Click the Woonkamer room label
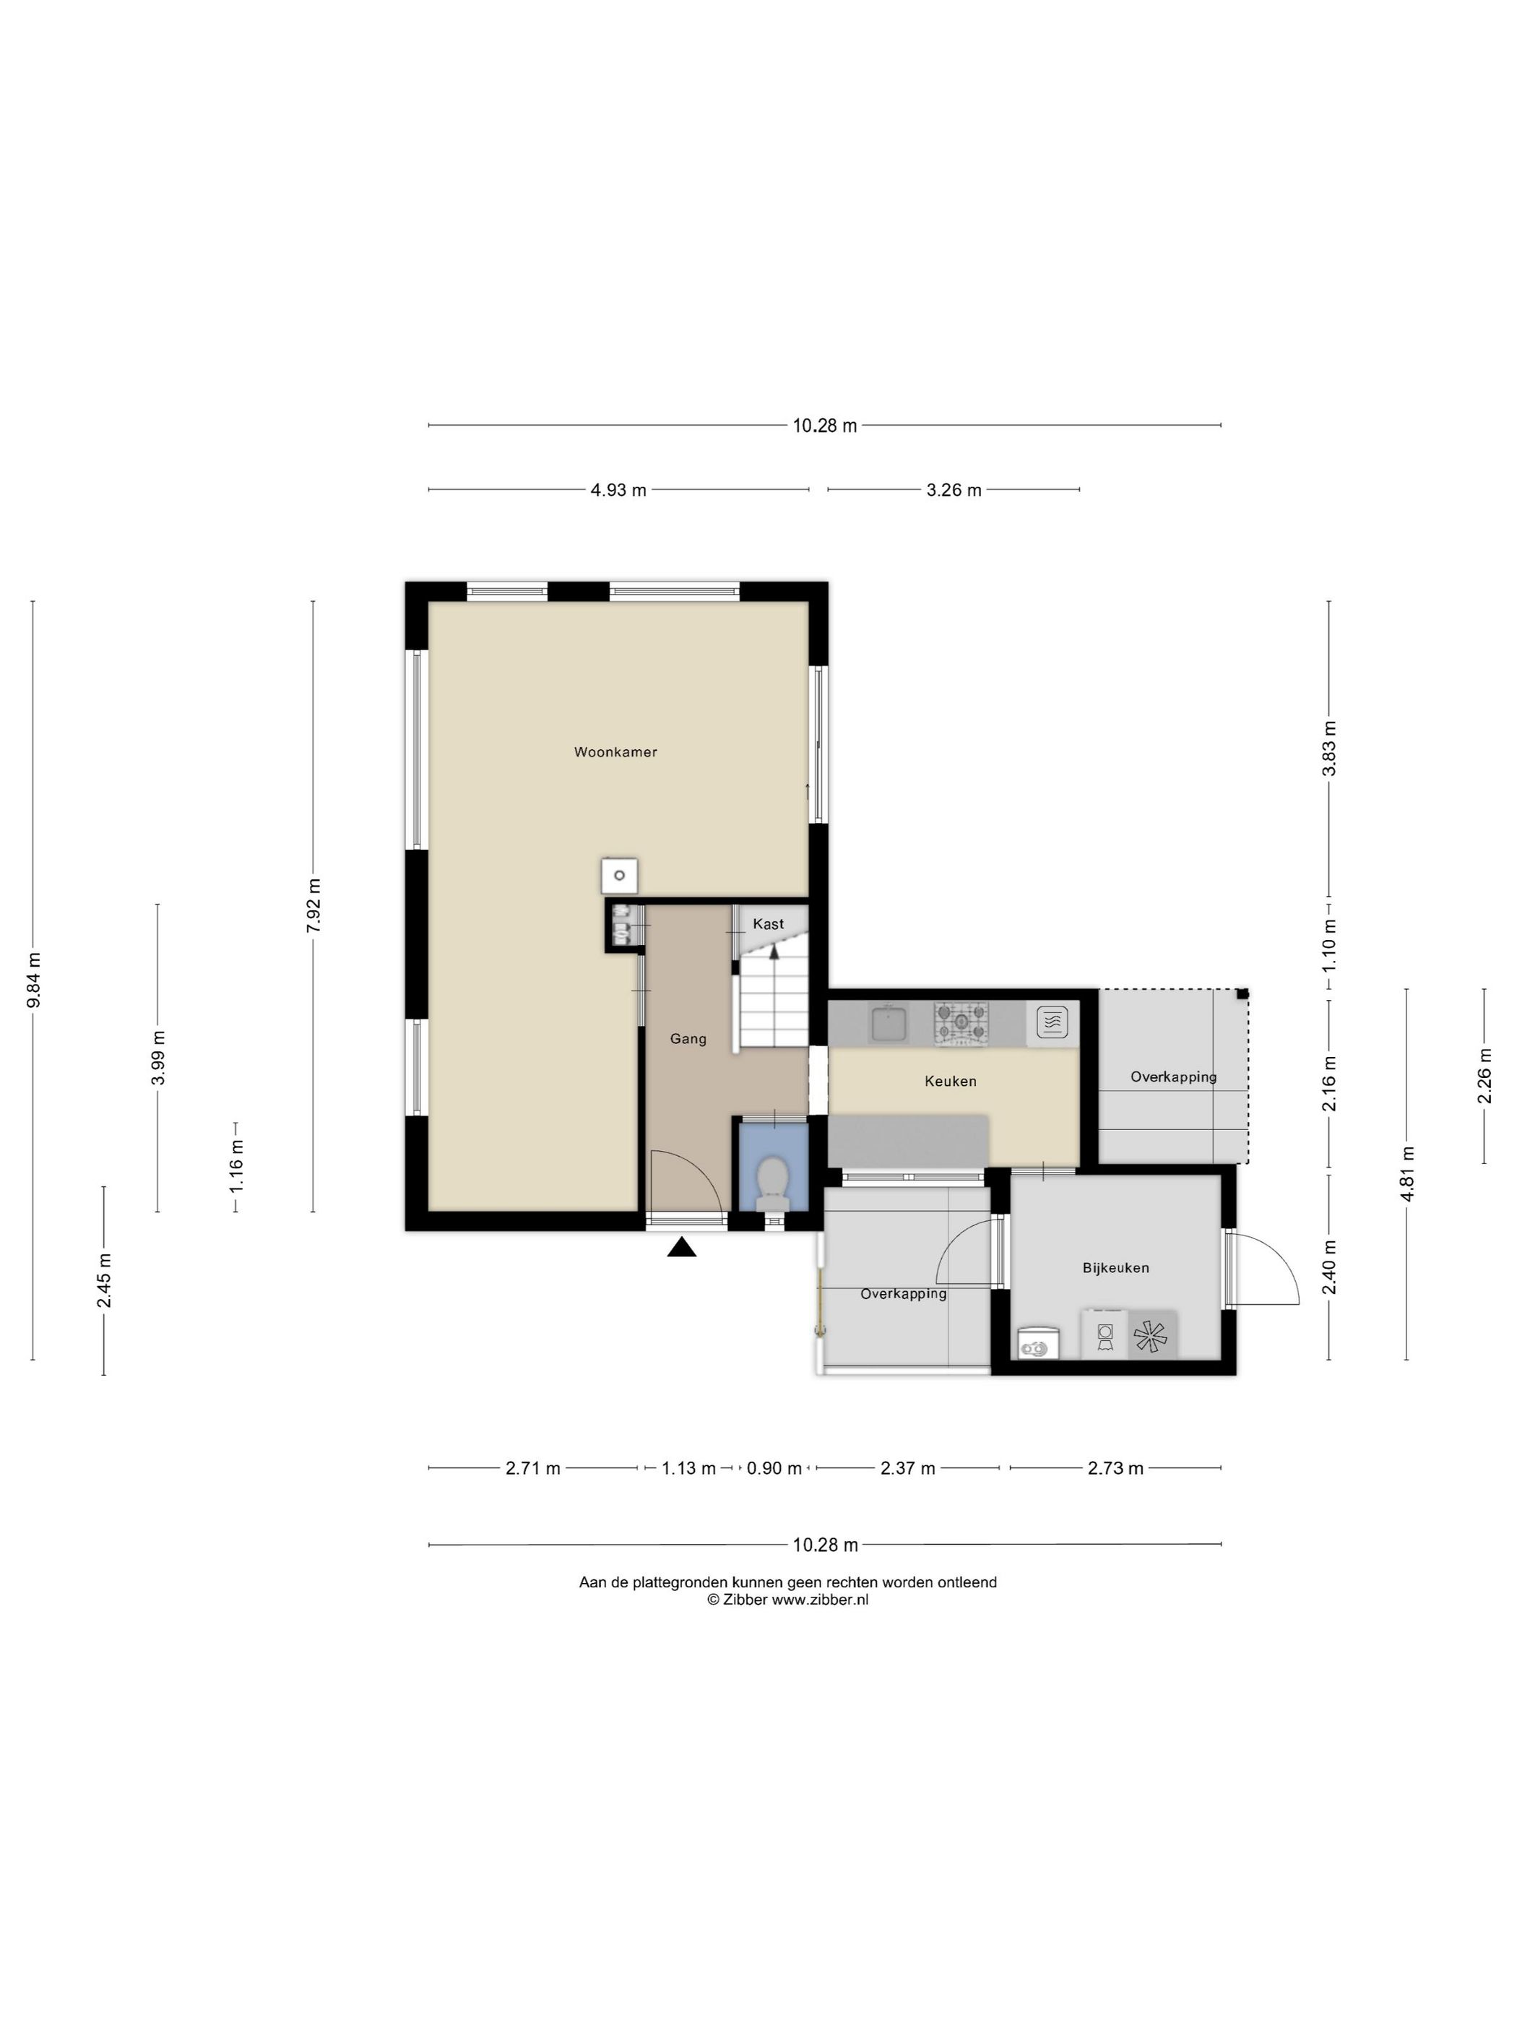615,752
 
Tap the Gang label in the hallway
688,1039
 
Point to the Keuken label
950,1081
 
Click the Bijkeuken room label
1115,1267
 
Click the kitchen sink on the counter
888,1023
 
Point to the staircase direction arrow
774,951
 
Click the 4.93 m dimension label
618,490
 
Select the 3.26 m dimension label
954,490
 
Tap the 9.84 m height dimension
34,980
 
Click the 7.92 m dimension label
314,905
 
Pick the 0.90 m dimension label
774,1469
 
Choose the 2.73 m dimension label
1115,1469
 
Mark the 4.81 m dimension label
1407,1174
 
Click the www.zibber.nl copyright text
820,1600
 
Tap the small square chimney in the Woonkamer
619,875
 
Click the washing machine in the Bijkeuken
1105,1334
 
